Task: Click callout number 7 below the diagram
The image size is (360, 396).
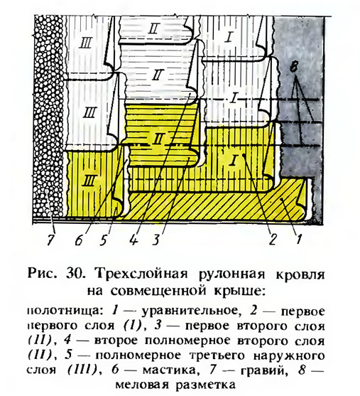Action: (x=50, y=240)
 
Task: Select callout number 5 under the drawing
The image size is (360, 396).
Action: (x=103, y=240)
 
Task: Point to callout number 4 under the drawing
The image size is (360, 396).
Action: (x=133, y=239)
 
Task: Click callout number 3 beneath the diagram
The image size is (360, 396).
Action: (x=156, y=240)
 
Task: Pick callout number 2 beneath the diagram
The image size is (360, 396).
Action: (x=273, y=239)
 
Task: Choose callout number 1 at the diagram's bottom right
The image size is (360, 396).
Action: (x=299, y=239)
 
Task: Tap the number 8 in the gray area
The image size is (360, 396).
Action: (x=295, y=66)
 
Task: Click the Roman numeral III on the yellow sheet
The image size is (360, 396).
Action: (x=89, y=181)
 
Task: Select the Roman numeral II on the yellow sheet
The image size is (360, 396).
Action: (x=158, y=139)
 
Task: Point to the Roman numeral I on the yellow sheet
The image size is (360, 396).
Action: (x=234, y=161)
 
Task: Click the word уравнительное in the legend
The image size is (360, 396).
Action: (x=190, y=311)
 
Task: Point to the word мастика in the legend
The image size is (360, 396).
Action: (x=169, y=370)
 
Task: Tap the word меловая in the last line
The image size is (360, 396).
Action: (x=142, y=385)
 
